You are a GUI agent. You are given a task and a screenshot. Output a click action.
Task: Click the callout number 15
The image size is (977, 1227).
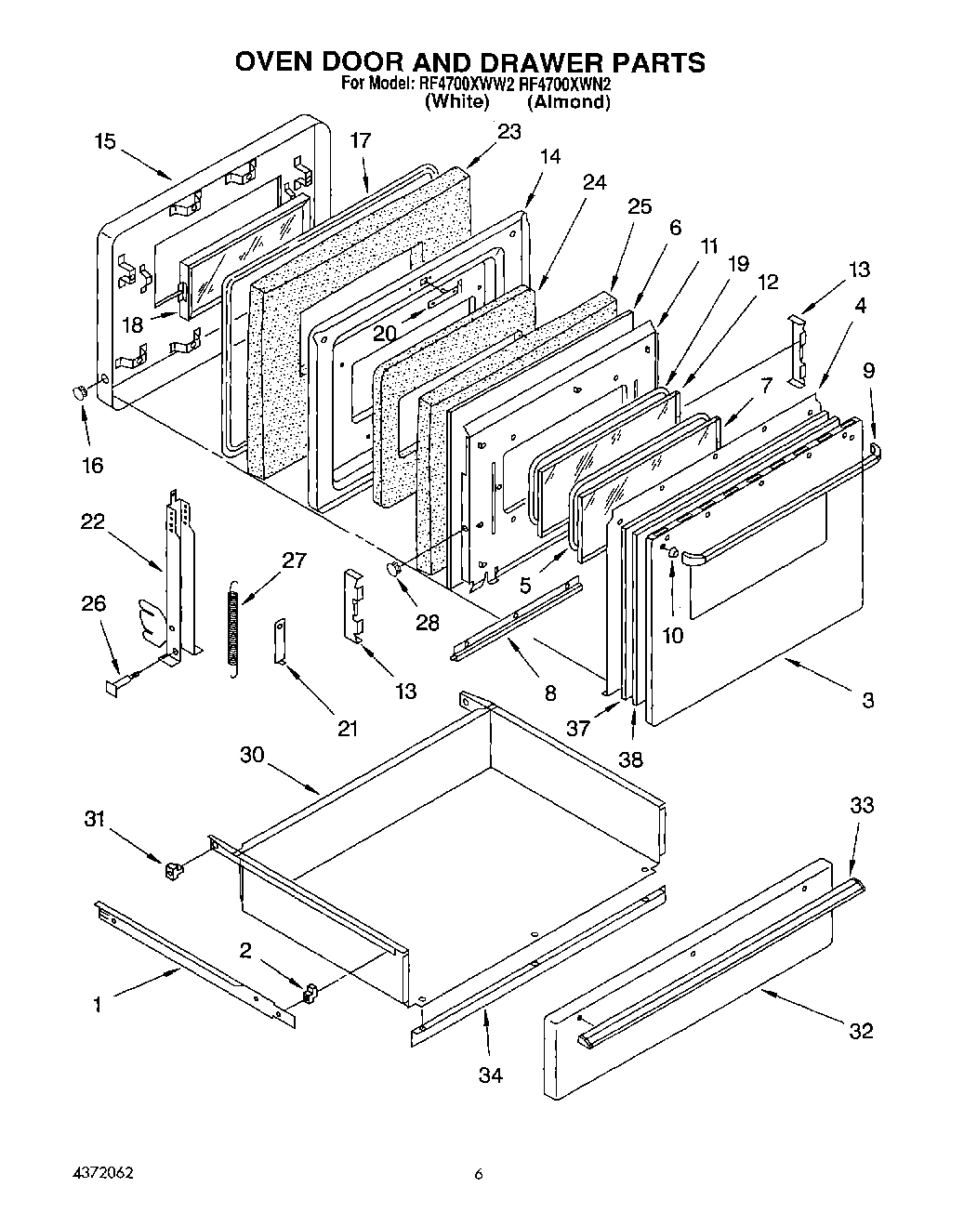point(105,141)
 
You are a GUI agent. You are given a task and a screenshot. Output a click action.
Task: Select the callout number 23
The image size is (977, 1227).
point(508,132)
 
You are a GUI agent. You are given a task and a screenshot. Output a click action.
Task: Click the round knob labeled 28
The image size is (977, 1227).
point(394,570)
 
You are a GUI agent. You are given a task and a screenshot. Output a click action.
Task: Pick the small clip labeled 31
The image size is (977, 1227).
point(172,871)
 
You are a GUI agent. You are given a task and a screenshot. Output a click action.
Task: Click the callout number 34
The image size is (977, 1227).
point(490,1075)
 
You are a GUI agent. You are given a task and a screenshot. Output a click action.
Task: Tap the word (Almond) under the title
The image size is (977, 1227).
point(568,102)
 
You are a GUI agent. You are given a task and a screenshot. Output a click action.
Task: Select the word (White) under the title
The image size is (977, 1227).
point(455,102)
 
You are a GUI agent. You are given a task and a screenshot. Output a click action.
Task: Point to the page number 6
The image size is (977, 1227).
point(479,1175)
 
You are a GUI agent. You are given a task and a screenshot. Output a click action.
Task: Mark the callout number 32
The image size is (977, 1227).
point(861,1030)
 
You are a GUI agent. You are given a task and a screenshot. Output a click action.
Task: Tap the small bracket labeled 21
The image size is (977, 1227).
point(279,642)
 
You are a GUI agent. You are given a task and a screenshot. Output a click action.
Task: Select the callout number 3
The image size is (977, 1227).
point(866,701)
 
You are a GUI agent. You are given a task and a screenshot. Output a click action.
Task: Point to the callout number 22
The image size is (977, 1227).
point(92,522)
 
